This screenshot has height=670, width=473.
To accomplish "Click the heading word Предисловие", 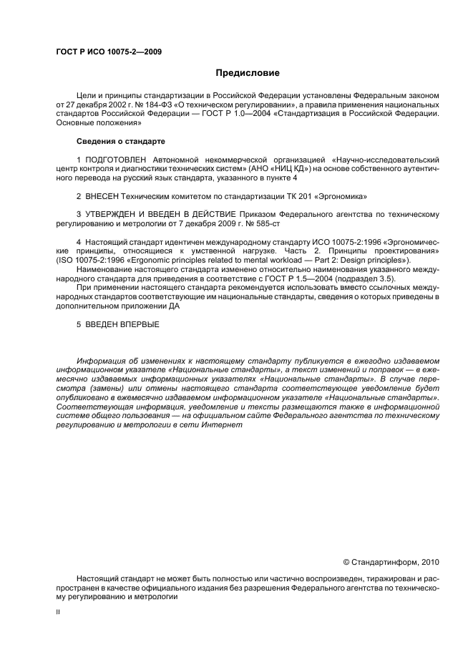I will [248, 73].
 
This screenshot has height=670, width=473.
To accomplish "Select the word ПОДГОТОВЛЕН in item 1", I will [114, 158].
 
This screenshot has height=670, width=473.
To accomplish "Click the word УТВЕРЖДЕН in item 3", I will [113, 214].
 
